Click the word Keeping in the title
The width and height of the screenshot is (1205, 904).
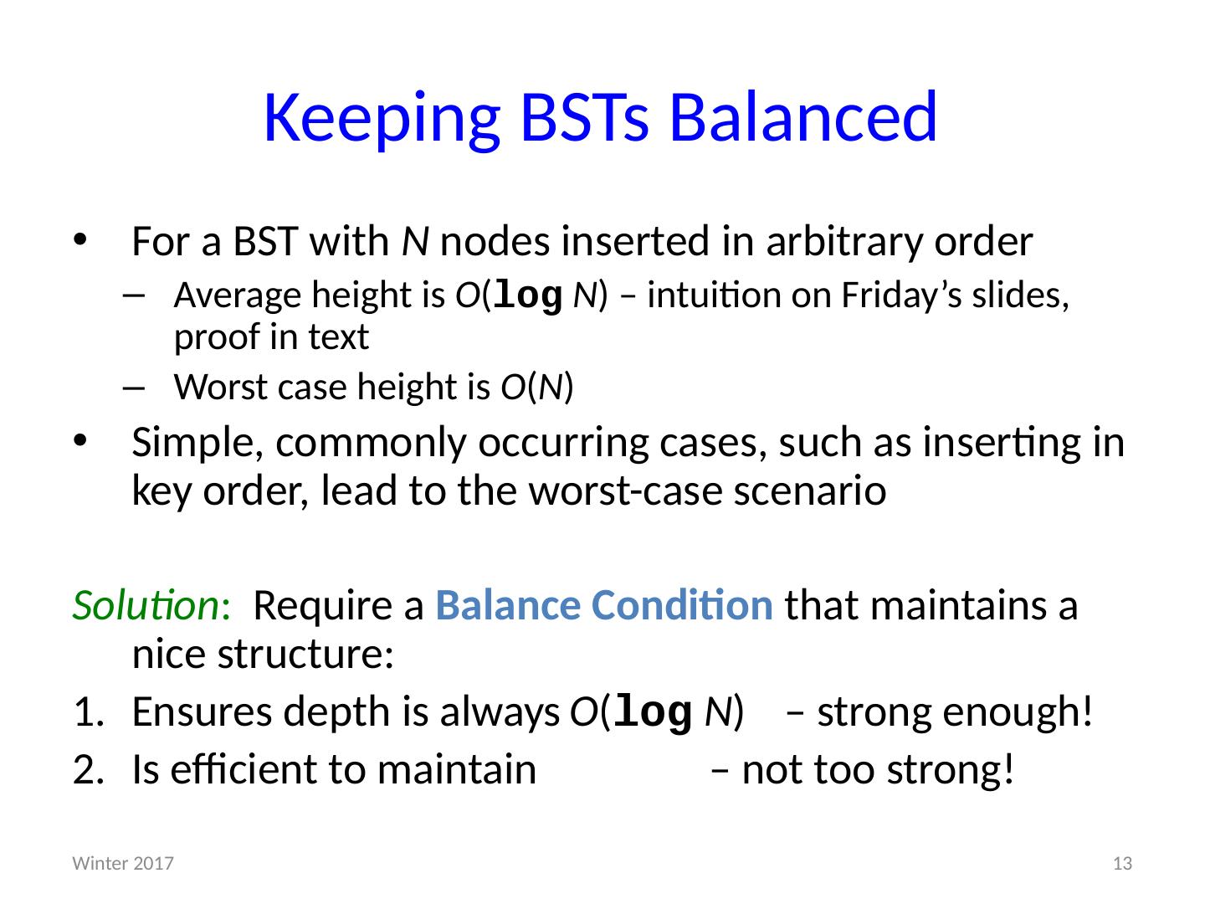coord(382,120)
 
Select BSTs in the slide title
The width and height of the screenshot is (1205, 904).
coord(585,117)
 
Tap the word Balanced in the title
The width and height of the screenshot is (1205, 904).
coord(803,117)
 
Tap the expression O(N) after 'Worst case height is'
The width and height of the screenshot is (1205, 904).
coord(537,388)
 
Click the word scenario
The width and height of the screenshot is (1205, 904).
coord(810,491)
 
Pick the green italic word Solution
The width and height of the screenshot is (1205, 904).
coord(146,605)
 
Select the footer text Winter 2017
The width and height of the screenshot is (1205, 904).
coord(123,863)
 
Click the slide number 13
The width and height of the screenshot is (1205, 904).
coord(1122,863)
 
